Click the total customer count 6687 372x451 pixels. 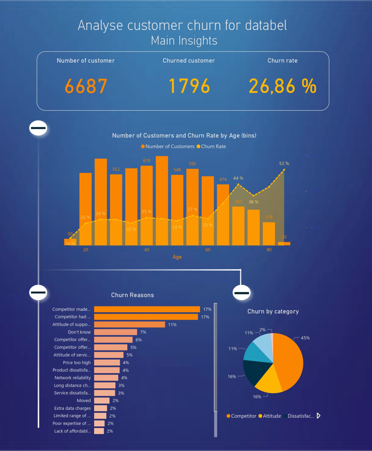tap(86, 86)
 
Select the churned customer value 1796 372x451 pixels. tap(189, 86)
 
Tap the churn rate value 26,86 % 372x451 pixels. tap(282, 86)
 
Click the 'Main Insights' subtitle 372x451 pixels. tap(184, 41)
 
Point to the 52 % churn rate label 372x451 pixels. tap(284, 163)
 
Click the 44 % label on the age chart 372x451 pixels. tap(238, 178)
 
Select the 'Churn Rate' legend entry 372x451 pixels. tap(211, 147)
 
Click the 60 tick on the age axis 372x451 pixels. tap(208, 250)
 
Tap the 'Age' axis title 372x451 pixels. tap(177, 257)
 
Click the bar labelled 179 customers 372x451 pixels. tap(269, 233)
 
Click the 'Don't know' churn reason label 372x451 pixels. tap(79, 332)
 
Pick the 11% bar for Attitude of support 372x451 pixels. tap(129, 325)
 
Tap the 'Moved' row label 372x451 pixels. tap(83, 401)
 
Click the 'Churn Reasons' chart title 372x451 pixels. tap(132, 295)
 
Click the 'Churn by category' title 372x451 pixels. tap(273, 311)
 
